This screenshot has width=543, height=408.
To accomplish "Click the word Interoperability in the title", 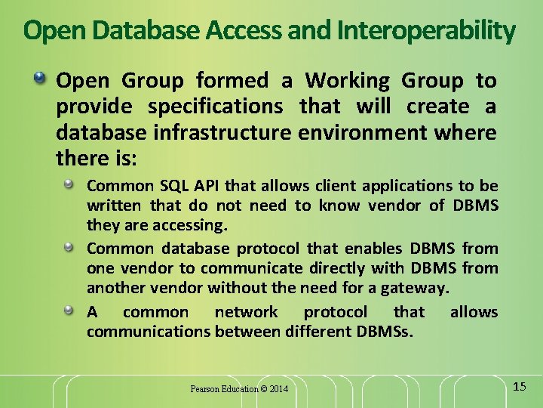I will click(x=426, y=31).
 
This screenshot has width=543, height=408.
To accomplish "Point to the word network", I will click(x=246, y=312).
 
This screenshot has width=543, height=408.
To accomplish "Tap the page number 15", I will click(x=519, y=387).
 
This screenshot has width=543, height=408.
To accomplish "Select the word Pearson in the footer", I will click(x=205, y=389).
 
